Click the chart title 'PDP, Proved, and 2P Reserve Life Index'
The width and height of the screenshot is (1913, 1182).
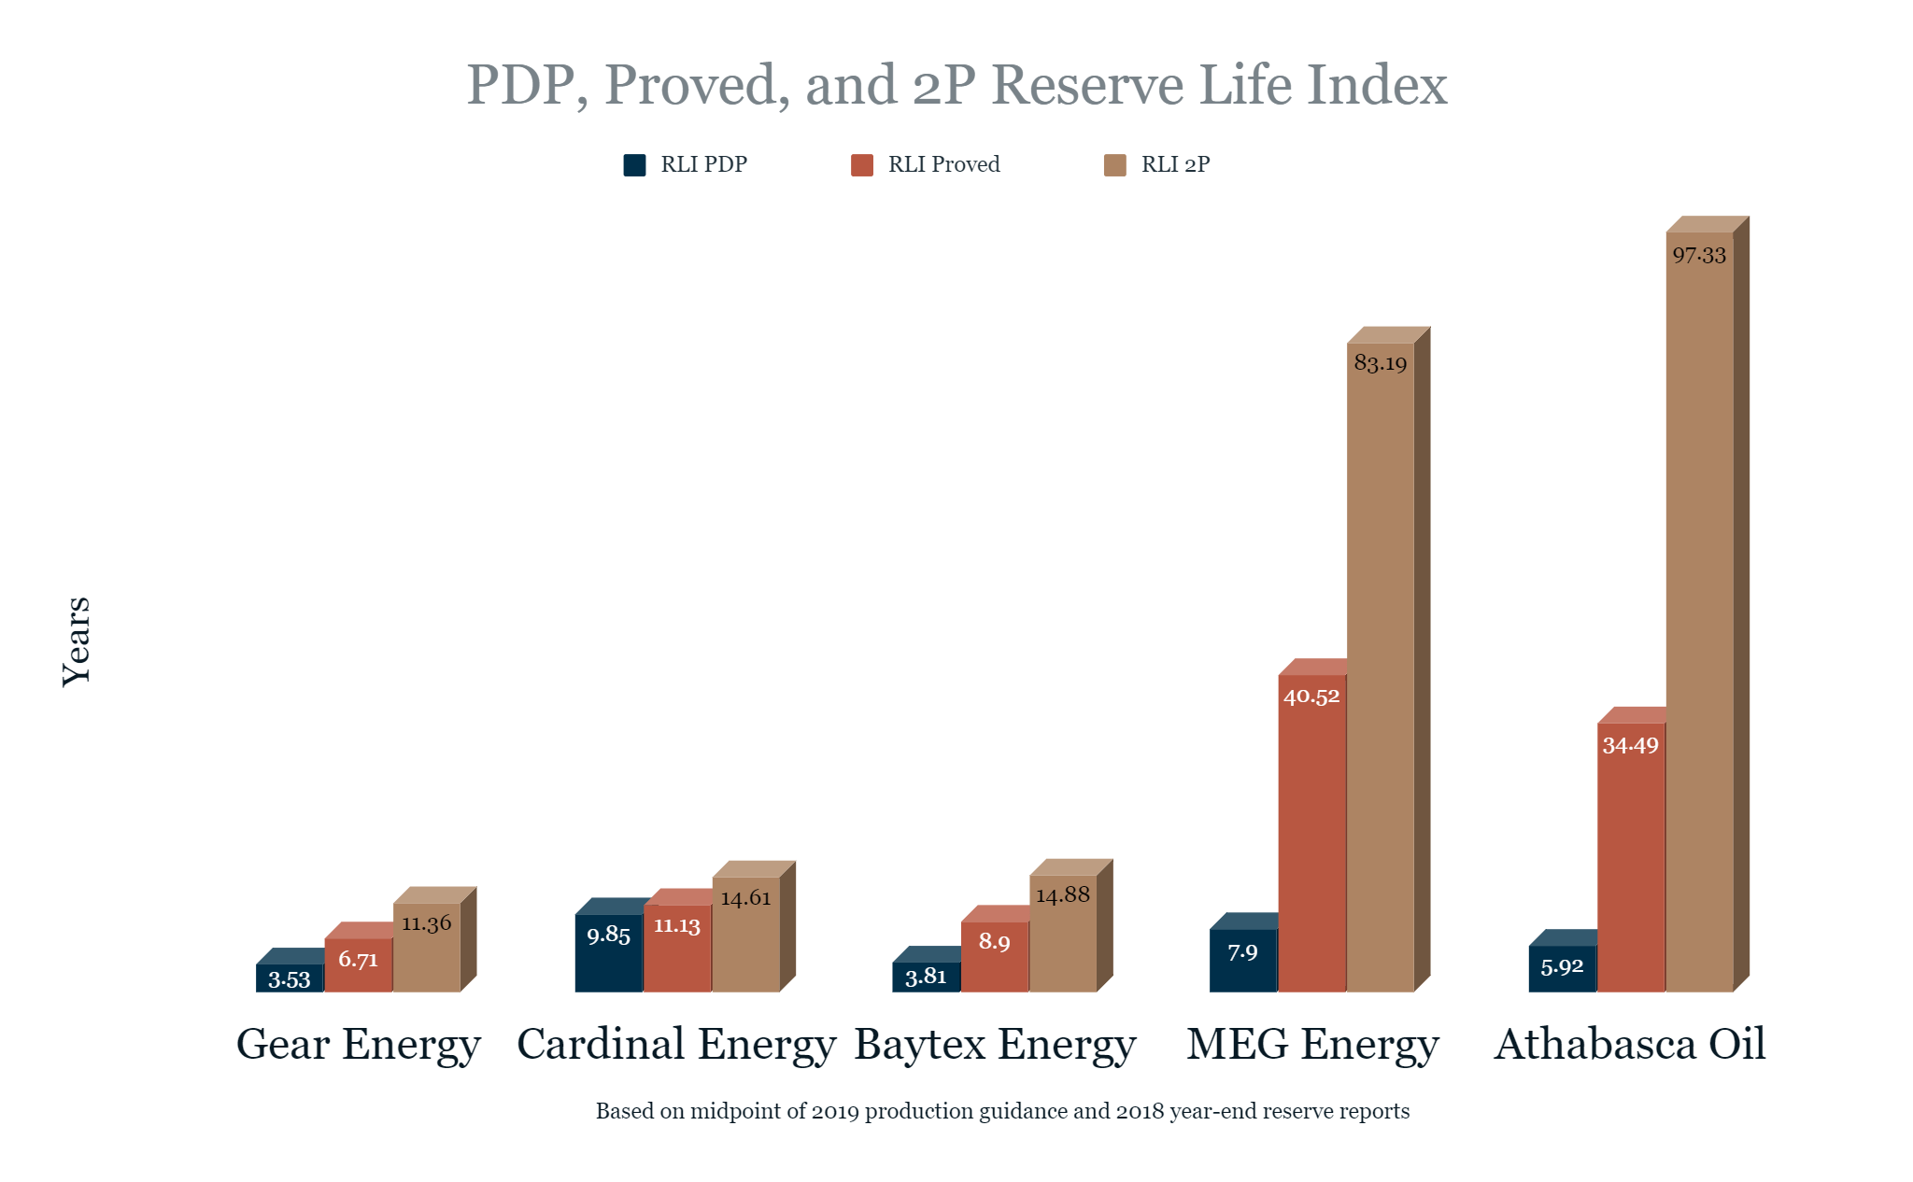tap(956, 85)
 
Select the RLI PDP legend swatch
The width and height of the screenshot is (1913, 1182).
tap(634, 165)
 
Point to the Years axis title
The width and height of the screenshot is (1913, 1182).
tap(77, 641)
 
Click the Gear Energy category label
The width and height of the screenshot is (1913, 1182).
tap(358, 1044)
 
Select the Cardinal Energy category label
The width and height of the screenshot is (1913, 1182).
tap(676, 1044)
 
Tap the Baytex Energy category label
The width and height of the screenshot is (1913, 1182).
tap(995, 1044)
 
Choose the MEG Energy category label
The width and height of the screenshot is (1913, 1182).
tap(1312, 1044)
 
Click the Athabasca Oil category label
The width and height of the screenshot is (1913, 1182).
tap(1630, 1044)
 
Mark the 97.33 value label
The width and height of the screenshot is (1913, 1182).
tap(1699, 256)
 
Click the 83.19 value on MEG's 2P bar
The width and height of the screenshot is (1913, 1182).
tap(1381, 363)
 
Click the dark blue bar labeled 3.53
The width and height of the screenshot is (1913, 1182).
tap(290, 978)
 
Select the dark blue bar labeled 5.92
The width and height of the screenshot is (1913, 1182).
tap(1562, 969)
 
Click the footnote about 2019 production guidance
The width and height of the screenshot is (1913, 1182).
tap(1002, 1111)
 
